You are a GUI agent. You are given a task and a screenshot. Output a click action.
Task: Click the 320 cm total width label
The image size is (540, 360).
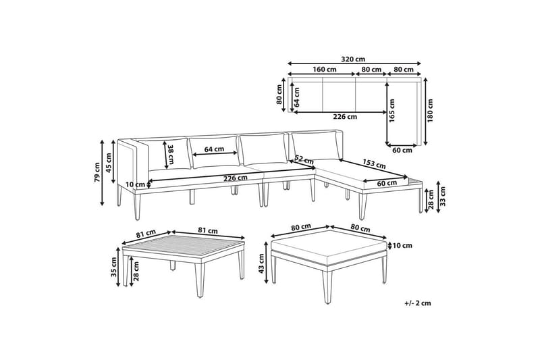click(353, 59)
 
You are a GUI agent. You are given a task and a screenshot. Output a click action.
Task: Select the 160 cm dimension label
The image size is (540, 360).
click(325, 70)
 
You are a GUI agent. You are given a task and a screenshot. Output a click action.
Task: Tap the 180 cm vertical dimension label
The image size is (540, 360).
click(430, 111)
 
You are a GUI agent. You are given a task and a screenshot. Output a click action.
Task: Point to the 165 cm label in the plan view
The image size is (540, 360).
click(392, 111)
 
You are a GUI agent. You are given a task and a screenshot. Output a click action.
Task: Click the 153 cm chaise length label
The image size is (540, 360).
click(374, 163)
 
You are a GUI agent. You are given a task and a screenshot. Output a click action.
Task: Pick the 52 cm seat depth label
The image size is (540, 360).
click(304, 160)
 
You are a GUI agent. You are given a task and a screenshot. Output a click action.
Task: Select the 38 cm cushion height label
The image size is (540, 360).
click(170, 154)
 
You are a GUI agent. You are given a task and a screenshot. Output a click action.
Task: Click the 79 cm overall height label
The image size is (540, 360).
click(97, 172)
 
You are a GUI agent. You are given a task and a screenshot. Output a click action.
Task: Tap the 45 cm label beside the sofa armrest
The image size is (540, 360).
click(109, 163)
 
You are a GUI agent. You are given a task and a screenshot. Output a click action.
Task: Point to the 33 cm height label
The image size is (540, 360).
click(443, 197)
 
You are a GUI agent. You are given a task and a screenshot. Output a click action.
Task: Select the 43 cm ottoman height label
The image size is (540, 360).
click(261, 263)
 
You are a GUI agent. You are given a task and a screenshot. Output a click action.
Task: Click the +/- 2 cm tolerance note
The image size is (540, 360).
click(418, 303)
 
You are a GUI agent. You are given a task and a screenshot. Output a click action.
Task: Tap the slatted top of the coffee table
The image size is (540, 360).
click(184, 245)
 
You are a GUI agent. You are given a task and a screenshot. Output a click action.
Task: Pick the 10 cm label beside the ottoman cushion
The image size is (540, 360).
click(402, 246)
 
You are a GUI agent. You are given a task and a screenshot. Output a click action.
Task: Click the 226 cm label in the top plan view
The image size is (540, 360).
click(345, 116)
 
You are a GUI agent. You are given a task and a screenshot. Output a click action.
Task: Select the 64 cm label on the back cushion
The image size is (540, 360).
click(214, 149)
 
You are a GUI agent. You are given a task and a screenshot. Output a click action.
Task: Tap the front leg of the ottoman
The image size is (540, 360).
click(327, 286)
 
